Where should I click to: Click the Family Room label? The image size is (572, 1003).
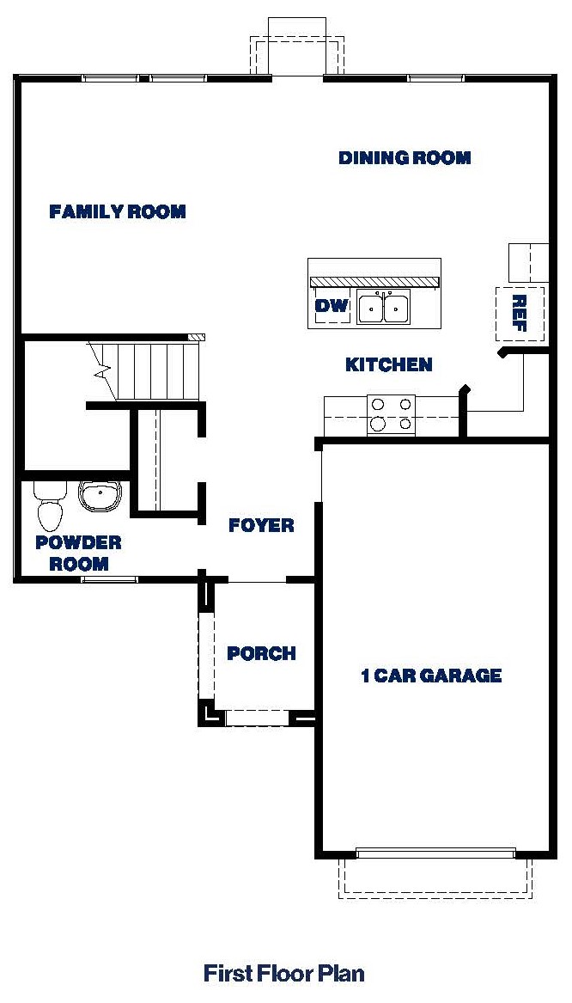coord(118,211)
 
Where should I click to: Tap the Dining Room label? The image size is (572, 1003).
coord(405,158)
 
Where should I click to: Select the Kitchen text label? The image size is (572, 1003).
coord(388,365)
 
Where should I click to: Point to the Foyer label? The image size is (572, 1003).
coord(261,525)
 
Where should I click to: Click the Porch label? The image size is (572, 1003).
coord(261,654)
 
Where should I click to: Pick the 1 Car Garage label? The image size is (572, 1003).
coord(430,676)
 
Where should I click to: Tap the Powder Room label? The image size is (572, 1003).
coord(78,553)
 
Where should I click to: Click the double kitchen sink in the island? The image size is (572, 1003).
coord(384,307)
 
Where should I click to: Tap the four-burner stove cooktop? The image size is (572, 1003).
coord(391,413)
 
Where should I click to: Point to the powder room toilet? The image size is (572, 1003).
coord(50,506)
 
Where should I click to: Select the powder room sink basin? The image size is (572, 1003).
coord(100,495)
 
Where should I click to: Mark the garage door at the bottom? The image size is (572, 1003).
coord(435,853)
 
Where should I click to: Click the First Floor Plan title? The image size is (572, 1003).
coord(284,973)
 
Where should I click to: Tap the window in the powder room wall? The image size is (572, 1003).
coord(109,579)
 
